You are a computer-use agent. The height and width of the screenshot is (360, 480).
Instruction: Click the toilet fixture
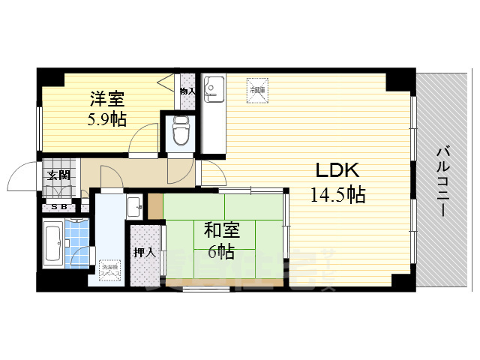point(181,132)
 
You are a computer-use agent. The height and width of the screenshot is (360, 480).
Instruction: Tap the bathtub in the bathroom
point(53,244)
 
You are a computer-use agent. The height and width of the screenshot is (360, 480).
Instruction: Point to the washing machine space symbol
point(109,268)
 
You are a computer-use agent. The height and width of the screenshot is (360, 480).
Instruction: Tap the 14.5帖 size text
point(338,195)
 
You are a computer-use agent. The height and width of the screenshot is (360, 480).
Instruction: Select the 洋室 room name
point(106,98)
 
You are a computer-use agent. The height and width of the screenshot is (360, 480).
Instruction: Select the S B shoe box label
point(59,207)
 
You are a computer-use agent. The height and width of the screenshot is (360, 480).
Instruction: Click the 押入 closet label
point(144,253)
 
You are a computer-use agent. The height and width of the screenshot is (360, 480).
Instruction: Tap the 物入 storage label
point(187,91)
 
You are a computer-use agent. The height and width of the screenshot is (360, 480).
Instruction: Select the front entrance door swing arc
point(20,178)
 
